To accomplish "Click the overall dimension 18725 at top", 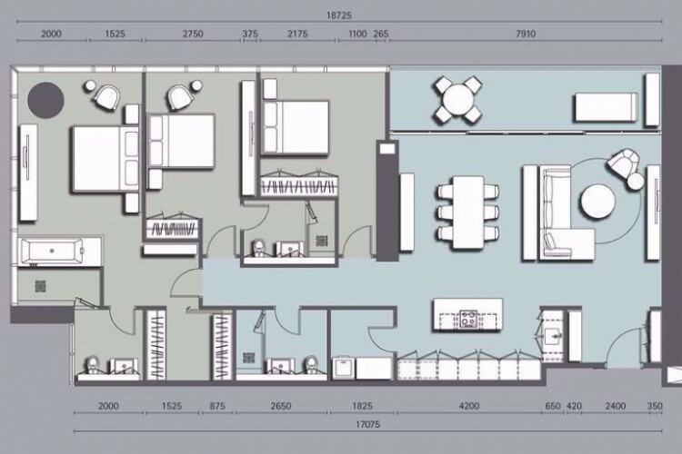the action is pos(339,15).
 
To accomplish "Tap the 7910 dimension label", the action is pos(526,34).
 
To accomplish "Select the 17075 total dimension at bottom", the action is pos(367,424).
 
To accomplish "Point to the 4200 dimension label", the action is pos(469,406).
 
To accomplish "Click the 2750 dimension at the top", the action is pos(193,34).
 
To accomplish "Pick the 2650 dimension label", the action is pos(281,406).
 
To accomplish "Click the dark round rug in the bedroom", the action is pos(45,100).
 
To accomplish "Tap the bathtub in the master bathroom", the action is pos(52,252).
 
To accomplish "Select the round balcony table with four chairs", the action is pos(457,100).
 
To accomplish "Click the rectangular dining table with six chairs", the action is pos(468,212).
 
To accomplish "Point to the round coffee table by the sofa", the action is pos(598,202).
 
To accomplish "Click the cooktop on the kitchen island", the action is pos(469,319).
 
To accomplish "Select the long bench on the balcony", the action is pos(607,107).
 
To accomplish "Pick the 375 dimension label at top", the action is pos(250,34).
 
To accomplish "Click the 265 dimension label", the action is pos(381,34).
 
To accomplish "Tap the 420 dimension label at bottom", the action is pos(574,406).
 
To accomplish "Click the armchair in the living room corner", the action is pos(622,163).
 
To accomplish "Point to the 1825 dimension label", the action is pos(362,406).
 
